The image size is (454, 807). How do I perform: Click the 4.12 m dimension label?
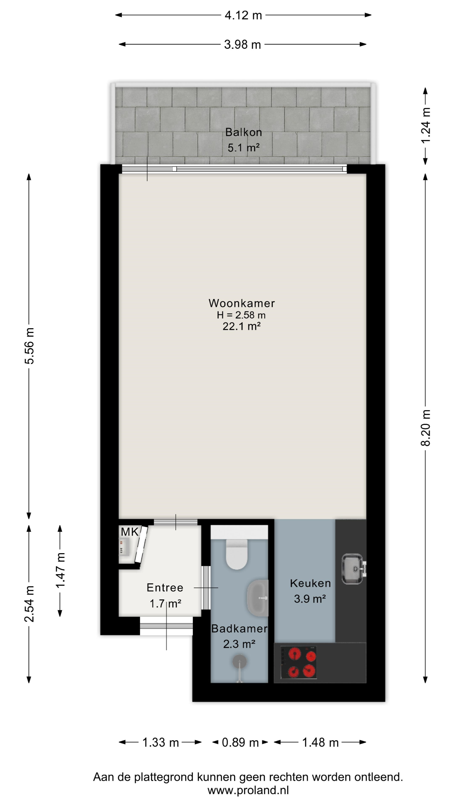(x=243, y=15)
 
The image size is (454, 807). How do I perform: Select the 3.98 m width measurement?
(x=243, y=45)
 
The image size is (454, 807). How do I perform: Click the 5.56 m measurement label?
(x=29, y=346)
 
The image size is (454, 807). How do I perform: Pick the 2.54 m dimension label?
(x=29, y=604)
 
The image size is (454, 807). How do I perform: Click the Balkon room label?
(x=243, y=132)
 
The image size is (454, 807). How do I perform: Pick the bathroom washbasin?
(x=257, y=598)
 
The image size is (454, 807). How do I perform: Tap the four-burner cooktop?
(x=299, y=663)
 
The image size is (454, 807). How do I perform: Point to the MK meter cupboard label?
(x=130, y=532)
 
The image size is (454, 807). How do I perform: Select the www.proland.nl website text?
(x=248, y=790)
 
